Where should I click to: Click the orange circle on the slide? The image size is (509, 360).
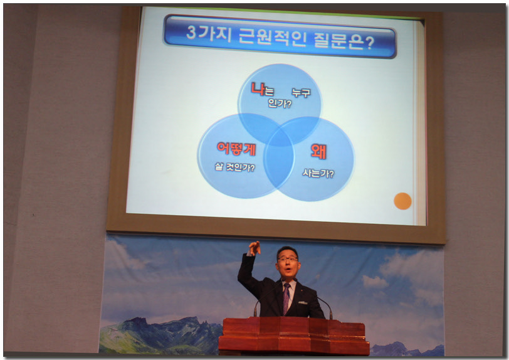402,201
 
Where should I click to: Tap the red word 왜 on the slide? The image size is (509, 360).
318,151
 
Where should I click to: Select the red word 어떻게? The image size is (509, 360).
236,149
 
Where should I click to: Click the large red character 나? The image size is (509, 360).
258,88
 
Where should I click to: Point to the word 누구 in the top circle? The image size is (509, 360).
301,93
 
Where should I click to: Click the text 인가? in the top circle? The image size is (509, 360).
280,103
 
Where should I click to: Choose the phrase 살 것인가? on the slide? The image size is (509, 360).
234,167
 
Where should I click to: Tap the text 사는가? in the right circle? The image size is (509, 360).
318,173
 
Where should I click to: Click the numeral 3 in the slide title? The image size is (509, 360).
192,32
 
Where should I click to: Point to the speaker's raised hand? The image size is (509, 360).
255,248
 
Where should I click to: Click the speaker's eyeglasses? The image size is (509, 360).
288,259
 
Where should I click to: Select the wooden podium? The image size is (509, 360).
294,337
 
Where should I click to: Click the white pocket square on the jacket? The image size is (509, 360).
303,302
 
